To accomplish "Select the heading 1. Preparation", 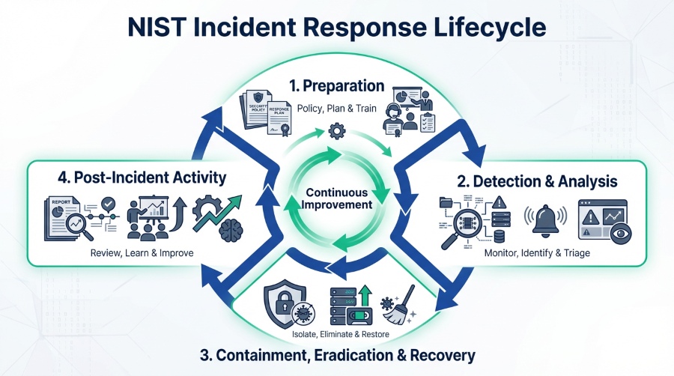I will click(x=338, y=85).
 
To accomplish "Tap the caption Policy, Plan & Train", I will click(x=338, y=109).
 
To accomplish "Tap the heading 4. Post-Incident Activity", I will click(x=141, y=178).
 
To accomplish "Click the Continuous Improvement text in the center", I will click(x=337, y=198).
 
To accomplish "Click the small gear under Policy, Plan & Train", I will click(x=337, y=133).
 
